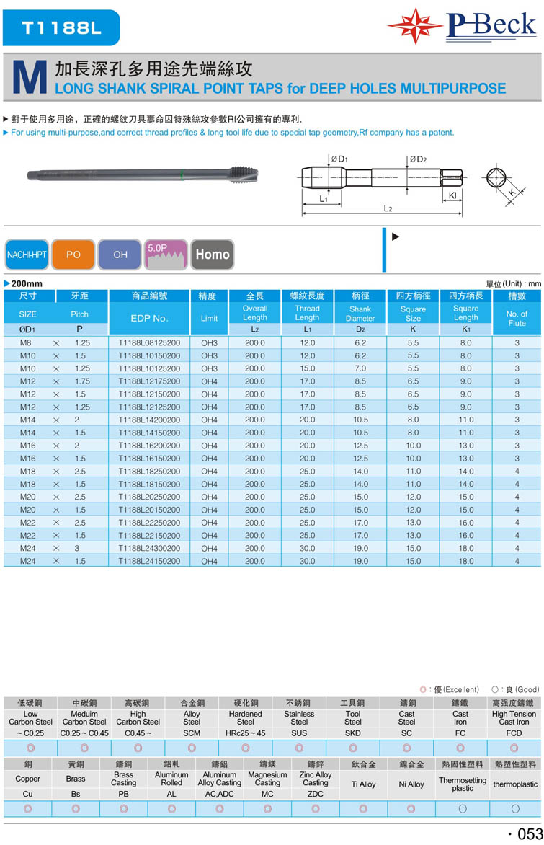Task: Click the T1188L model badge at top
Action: tap(61, 28)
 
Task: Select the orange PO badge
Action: tap(73, 255)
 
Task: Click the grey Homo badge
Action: tap(213, 255)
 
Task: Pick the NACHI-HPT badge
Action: tap(26, 255)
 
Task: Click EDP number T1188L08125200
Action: tap(149, 343)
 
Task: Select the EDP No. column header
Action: tap(149, 318)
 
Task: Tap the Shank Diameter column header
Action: tap(360, 314)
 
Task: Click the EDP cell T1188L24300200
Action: tap(149, 548)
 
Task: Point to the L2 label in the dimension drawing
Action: tap(387, 208)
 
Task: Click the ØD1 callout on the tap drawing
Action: tap(339, 159)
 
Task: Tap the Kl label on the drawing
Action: tap(452, 195)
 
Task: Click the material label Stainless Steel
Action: tap(299, 717)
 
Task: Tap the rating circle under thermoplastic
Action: tap(515, 809)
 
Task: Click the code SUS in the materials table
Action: tap(299, 733)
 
